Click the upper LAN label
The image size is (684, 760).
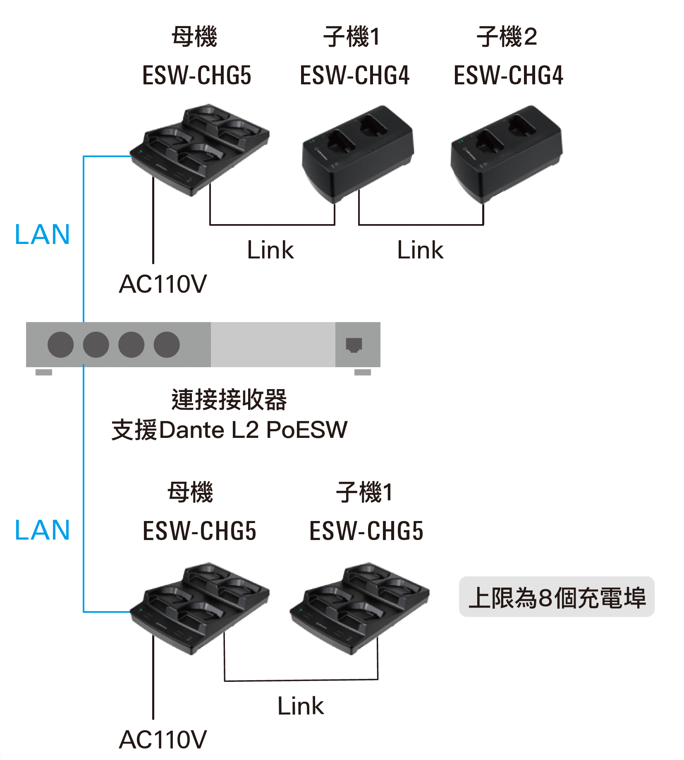42,234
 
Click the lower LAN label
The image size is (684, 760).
42,530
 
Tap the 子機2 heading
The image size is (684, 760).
507,36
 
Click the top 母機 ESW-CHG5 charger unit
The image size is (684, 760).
200,150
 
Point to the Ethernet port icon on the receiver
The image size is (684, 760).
354,344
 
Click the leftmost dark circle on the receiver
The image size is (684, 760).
61,344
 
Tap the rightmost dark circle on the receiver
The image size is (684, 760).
167,344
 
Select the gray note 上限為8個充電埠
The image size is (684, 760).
557,597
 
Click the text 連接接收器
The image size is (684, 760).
229,399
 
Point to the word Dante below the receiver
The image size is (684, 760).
191,430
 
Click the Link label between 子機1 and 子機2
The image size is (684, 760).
420,250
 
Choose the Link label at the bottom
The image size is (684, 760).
301,705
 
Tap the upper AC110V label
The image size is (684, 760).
163,284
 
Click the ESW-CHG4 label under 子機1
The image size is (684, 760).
354,75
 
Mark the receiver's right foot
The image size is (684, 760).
363,372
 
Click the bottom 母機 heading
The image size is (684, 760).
190,492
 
